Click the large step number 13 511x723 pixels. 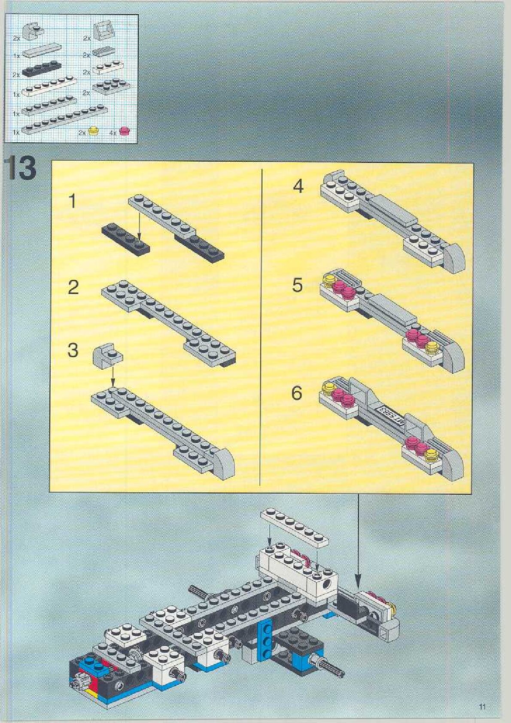click(21, 169)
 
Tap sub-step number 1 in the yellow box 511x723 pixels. click(73, 201)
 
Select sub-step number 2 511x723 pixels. click(73, 287)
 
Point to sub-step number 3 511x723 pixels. click(73, 350)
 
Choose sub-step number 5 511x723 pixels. click(297, 285)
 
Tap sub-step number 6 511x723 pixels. click(297, 393)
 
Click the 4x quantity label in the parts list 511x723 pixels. click(113, 133)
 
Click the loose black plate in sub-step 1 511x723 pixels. click(126, 239)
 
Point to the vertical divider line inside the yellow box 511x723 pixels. click(261, 327)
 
